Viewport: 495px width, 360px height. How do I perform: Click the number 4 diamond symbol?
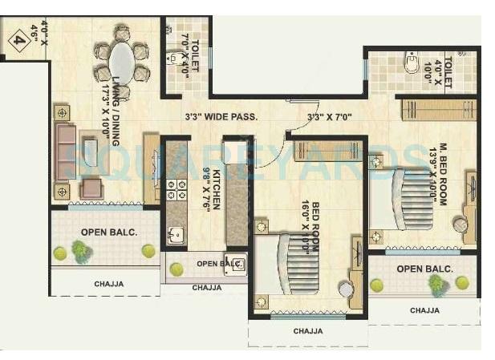pyautogui.click(x=19, y=40)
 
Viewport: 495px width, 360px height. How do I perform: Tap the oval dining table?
pyautogui.click(x=122, y=63)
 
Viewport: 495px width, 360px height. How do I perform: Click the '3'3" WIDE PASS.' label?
pyautogui.click(x=220, y=117)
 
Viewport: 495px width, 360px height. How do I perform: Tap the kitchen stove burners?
pyautogui.click(x=172, y=191)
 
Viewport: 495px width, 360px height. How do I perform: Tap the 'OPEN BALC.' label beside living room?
pyautogui.click(x=103, y=233)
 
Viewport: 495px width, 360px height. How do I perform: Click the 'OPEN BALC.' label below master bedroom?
pyautogui.click(x=424, y=269)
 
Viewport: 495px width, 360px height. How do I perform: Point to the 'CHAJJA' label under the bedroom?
pyautogui.click(x=307, y=330)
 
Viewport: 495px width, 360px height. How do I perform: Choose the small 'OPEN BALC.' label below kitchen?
pyautogui.click(x=219, y=263)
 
